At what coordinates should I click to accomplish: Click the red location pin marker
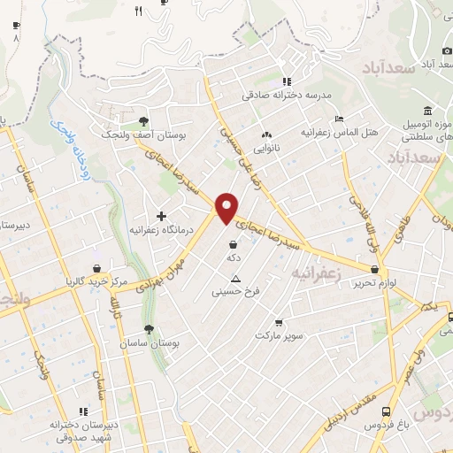227,207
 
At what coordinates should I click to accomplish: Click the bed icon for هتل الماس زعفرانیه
339,119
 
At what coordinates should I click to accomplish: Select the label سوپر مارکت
280,335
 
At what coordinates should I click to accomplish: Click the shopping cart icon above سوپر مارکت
280,323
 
